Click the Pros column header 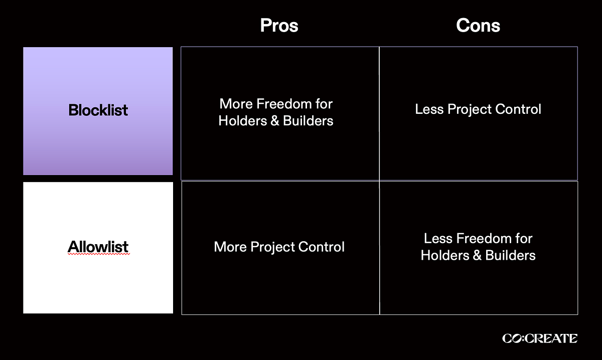tap(279, 26)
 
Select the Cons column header tap(478, 26)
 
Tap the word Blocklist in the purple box tap(98, 110)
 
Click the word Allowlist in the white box tap(98, 246)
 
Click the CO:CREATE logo tap(539, 339)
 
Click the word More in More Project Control tap(230, 247)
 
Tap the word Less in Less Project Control tap(428, 109)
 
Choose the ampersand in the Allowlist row tap(477, 255)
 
